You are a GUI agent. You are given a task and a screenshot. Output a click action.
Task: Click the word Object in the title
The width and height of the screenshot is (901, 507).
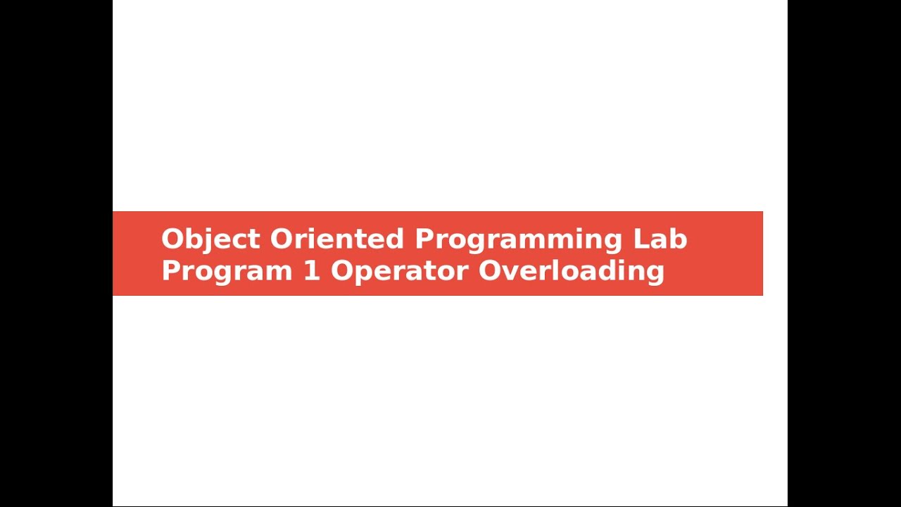coord(210,239)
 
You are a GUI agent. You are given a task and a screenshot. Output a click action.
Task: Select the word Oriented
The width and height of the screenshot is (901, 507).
coord(336,239)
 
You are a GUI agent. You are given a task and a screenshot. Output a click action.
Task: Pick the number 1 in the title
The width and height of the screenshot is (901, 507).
coord(311,271)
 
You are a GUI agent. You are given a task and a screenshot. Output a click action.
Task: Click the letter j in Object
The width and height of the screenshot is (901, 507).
coord(204,241)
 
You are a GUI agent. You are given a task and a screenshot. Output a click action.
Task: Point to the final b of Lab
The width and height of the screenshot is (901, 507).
coord(679,239)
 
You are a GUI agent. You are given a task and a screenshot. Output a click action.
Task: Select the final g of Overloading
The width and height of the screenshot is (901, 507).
coord(655,273)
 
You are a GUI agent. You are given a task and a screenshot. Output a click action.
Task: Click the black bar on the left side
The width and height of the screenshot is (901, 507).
coord(56,254)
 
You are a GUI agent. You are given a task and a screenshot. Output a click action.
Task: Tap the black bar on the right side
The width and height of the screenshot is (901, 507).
coord(844,254)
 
